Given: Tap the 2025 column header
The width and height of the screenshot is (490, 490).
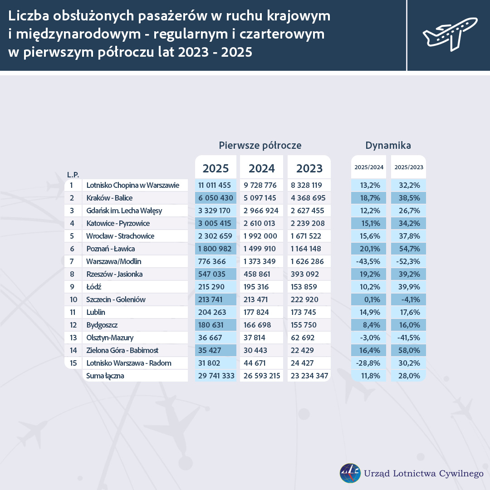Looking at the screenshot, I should pos(216,168).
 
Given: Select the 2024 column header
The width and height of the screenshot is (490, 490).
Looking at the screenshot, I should pos(262,168).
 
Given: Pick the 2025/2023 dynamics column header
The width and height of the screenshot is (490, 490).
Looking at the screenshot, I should pos(409,167).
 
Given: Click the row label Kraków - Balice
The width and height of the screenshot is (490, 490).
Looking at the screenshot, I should pos(109,198).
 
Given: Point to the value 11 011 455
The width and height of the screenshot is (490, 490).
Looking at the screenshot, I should pos(214,185).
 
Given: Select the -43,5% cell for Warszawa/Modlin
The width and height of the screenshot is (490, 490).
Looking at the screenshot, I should pos(368,262).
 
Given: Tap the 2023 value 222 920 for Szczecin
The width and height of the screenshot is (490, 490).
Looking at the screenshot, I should pos(304,300).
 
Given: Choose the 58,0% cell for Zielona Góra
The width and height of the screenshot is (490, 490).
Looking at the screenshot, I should pos(409,351).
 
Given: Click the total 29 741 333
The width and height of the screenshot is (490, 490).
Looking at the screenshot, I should pos(216,376).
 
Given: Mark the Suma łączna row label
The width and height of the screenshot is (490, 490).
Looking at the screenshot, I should pos(105,376).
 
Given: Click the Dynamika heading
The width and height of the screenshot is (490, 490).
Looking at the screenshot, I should pos(388,146).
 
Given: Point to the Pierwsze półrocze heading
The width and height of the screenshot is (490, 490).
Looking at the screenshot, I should pos(260,146).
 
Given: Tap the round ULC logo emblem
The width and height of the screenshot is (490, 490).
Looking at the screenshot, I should pos(350,473).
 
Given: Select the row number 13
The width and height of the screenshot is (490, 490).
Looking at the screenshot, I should pos(73,338).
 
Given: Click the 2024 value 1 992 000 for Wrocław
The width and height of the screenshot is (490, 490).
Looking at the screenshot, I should pos(260,236).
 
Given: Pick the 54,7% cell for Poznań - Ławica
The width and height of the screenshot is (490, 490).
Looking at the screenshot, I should pos(409,249).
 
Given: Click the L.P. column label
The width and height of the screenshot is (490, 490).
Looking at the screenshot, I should pos(73,175).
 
